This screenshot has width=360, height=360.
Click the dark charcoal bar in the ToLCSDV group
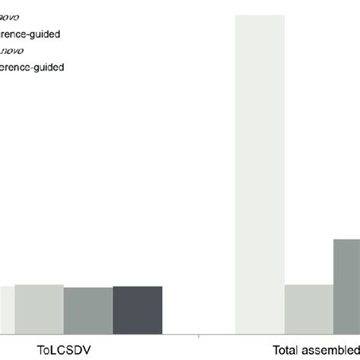click(x=137, y=309)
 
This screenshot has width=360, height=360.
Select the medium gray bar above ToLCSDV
click(x=88, y=310)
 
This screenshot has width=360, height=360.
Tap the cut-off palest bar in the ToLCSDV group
click(x=6, y=309)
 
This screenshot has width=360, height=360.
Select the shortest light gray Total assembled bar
click(x=309, y=308)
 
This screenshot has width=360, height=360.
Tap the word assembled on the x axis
click(x=334, y=351)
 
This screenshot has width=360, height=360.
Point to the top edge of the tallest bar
click(x=261, y=14)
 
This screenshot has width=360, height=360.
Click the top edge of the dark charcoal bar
click(x=137, y=286)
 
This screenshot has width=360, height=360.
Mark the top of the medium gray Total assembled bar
click(x=347, y=239)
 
